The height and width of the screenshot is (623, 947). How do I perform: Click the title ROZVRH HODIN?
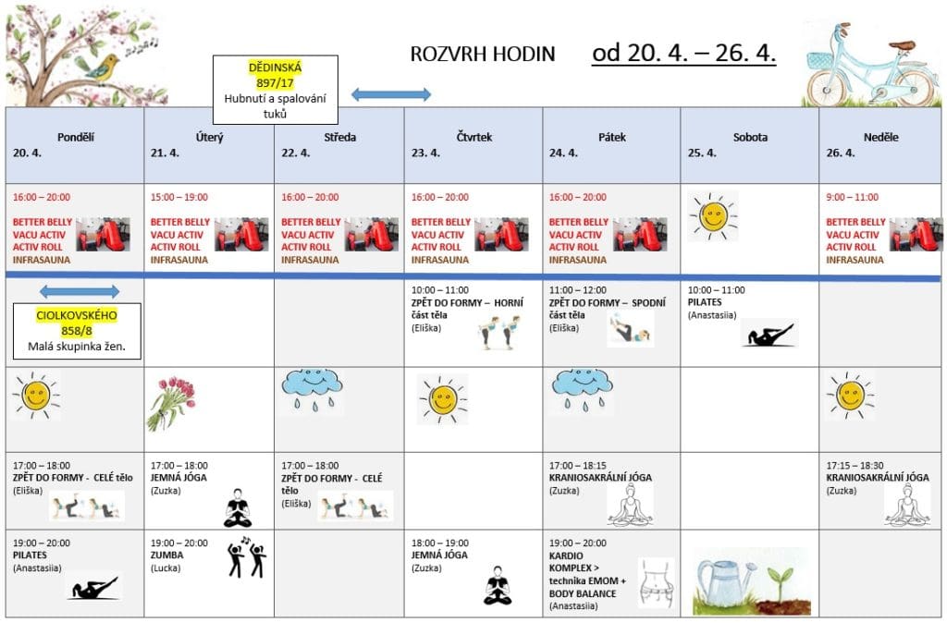[483, 54]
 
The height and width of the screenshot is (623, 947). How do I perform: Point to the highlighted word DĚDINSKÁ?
[275, 67]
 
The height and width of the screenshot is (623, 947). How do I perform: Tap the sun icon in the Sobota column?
[712, 216]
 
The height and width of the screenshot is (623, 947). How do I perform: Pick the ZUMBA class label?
[166, 556]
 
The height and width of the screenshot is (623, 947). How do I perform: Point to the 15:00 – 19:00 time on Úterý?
[178, 197]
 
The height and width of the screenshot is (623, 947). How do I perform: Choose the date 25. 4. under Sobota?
[702, 153]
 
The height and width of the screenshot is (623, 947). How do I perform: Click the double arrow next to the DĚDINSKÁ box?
[391, 94]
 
